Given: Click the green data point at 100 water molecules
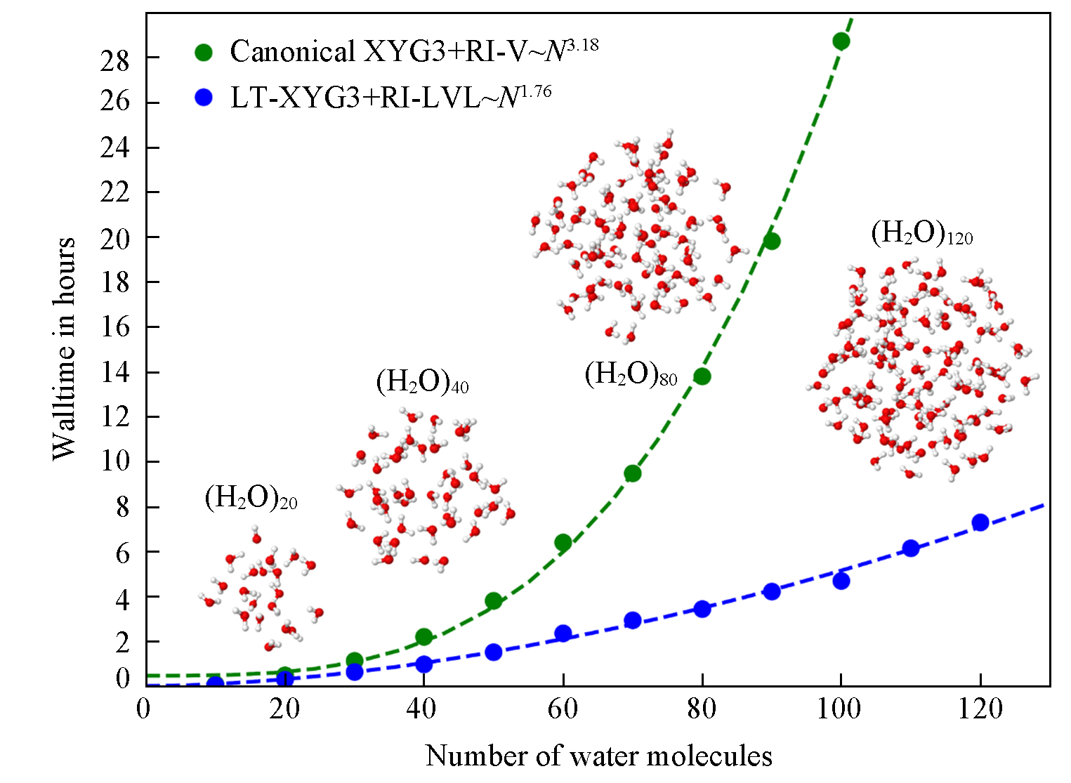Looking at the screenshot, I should (x=841, y=41).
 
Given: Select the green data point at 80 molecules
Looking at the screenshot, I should (x=702, y=376).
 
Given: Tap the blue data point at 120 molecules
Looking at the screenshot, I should (x=980, y=522).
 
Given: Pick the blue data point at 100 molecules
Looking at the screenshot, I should (x=841, y=581).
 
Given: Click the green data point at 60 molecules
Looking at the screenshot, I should (x=563, y=542).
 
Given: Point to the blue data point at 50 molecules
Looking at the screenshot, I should (x=493, y=652).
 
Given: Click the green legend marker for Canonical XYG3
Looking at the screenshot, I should (x=204, y=52).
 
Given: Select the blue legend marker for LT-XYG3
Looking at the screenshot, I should (x=204, y=98).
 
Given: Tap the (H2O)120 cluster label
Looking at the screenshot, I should (x=921, y=233).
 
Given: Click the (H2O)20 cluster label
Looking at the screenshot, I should (x=251, y=498).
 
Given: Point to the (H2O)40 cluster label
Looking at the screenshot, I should (x=422, y=382).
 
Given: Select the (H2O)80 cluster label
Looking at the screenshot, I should (x=630, y=375).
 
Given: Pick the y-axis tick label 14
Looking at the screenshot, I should (x=115, y=373).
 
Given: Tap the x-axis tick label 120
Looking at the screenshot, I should (x=980, y=709).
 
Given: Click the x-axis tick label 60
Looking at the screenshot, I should (x=563, y=709).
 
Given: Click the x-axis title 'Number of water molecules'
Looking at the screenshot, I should (x=598, y=756).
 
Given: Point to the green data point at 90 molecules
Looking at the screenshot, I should (x=771, y=241).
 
